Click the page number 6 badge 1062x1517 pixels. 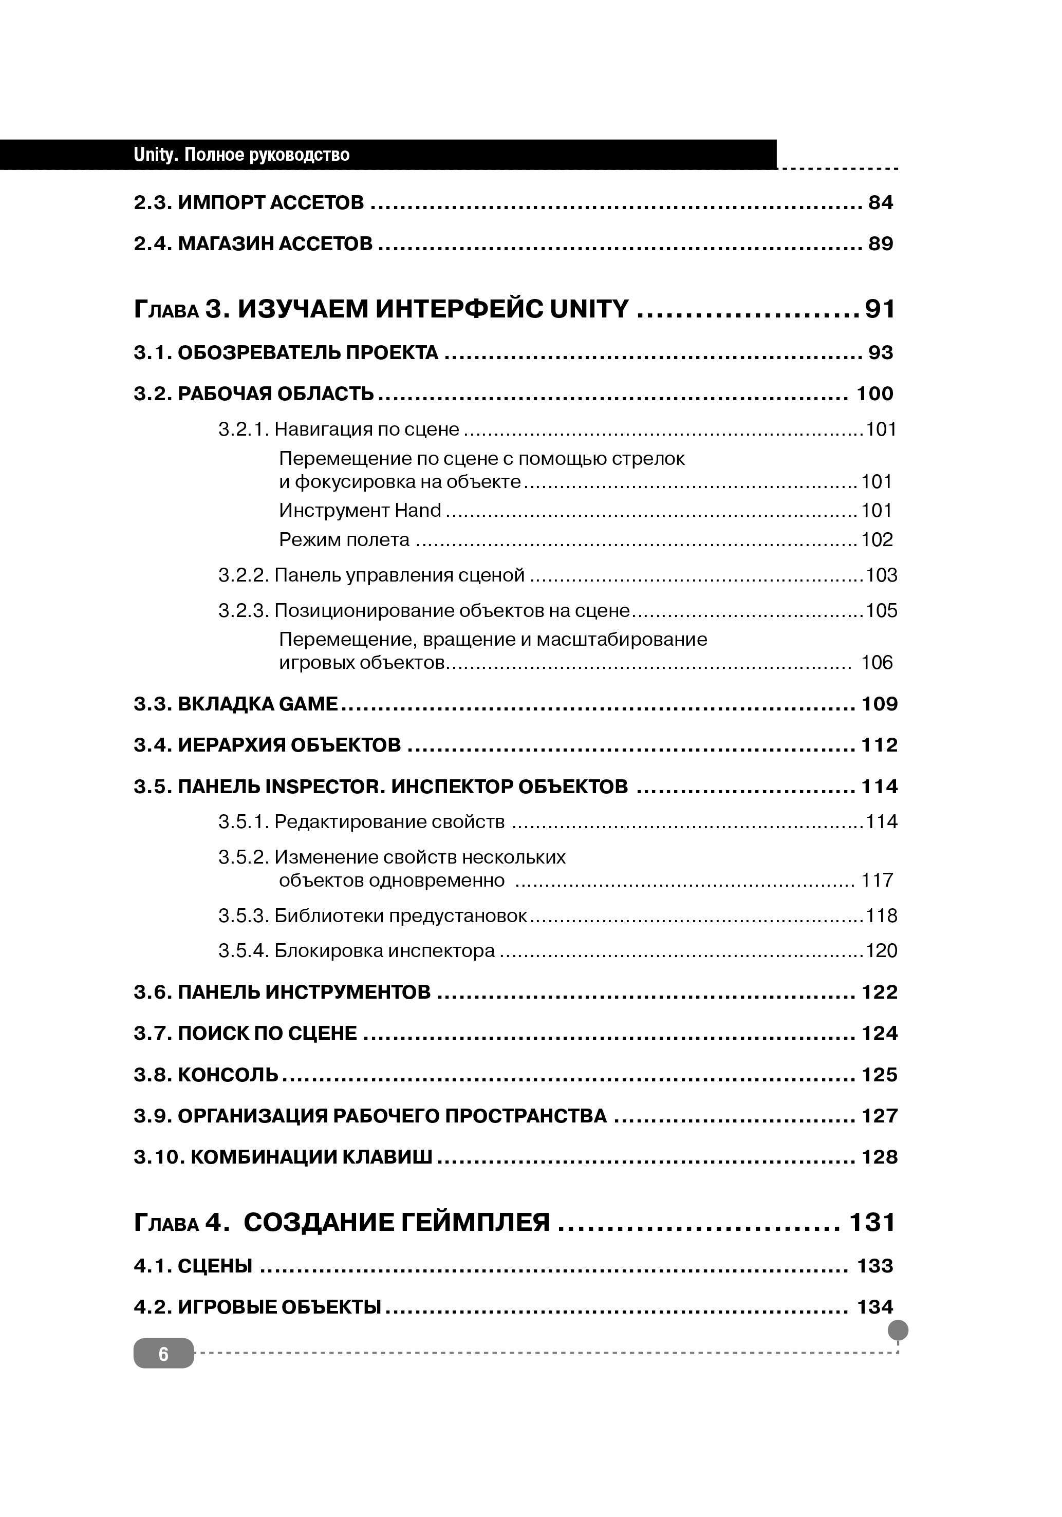pyautogui.click(x=163, y=1354)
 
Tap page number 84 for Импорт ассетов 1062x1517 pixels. pyautogui.click(x=880, y=203)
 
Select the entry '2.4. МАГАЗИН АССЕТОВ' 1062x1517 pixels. pyautogui.click(x=253, y=245)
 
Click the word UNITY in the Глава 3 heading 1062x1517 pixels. pyautogui.click(x=589, y=309)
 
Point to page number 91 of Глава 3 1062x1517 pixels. pyautogui.click(x=880, y=309)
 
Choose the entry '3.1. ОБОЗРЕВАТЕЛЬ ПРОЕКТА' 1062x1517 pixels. pyautogui.click(x=286, y=353)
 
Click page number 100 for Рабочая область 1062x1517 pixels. pyautogui.click(x=874, y=394)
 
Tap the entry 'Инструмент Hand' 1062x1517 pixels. pyautogui.click(x=360, y=511)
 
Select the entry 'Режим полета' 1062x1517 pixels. pyautogui.click(x=344, y=540)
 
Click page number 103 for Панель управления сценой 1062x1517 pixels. pyautogui.click(x=881, y=575)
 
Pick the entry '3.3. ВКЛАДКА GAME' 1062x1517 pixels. pyautogui.click(x=235, y=704)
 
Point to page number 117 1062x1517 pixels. pyautogui.click(x=877, y=881)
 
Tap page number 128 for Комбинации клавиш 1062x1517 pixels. pyautogui.click(x=879, y=1157)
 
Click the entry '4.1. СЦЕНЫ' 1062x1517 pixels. pyautogui.click(x=193, y=1266)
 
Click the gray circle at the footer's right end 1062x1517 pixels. pyautogui.click(x=898, y=1330)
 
